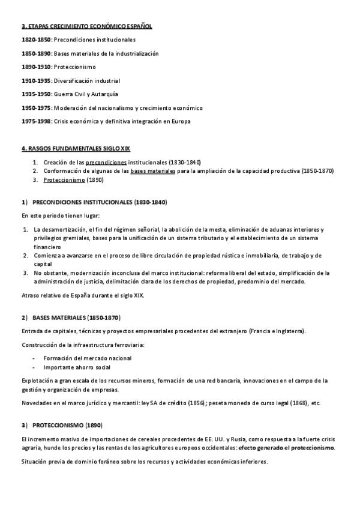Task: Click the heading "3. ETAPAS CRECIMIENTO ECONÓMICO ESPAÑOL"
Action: click(x=86, y=26)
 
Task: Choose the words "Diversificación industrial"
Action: click(x=87, y=80)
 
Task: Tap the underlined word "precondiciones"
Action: click(x=106, y=162)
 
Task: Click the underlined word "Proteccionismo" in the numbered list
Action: click(x=64, y=179)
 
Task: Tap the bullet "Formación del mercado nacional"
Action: click(x=88, y=358)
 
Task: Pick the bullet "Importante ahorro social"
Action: click(x=77, y=367)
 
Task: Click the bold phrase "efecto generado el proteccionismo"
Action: click(x=287, y=448)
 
